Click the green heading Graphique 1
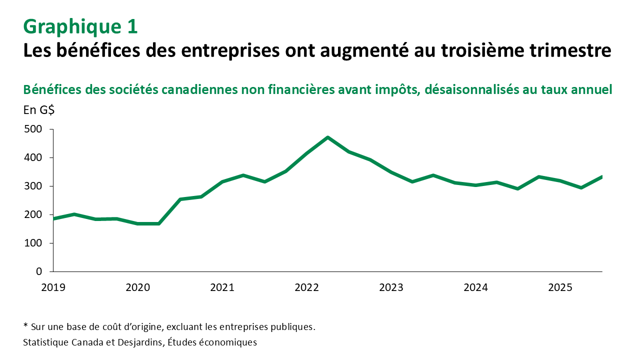pos(80,27)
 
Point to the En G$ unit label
pos(39,110)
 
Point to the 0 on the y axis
pos(38,271)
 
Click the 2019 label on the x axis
pos(53,287)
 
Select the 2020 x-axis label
pos(137,287)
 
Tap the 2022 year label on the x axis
pos(306,287)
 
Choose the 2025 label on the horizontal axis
pos(560,287)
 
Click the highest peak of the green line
pos(327,137)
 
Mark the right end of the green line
pos(601,176)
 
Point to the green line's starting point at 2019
pos(53,218)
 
